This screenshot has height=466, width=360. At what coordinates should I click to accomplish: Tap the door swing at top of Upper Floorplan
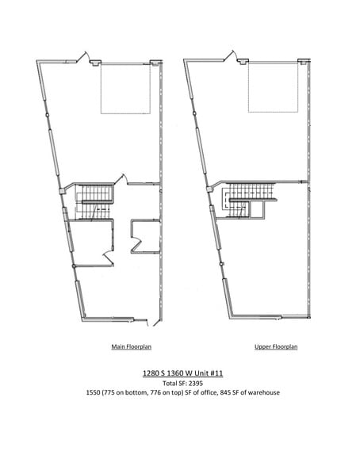[231, 57]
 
